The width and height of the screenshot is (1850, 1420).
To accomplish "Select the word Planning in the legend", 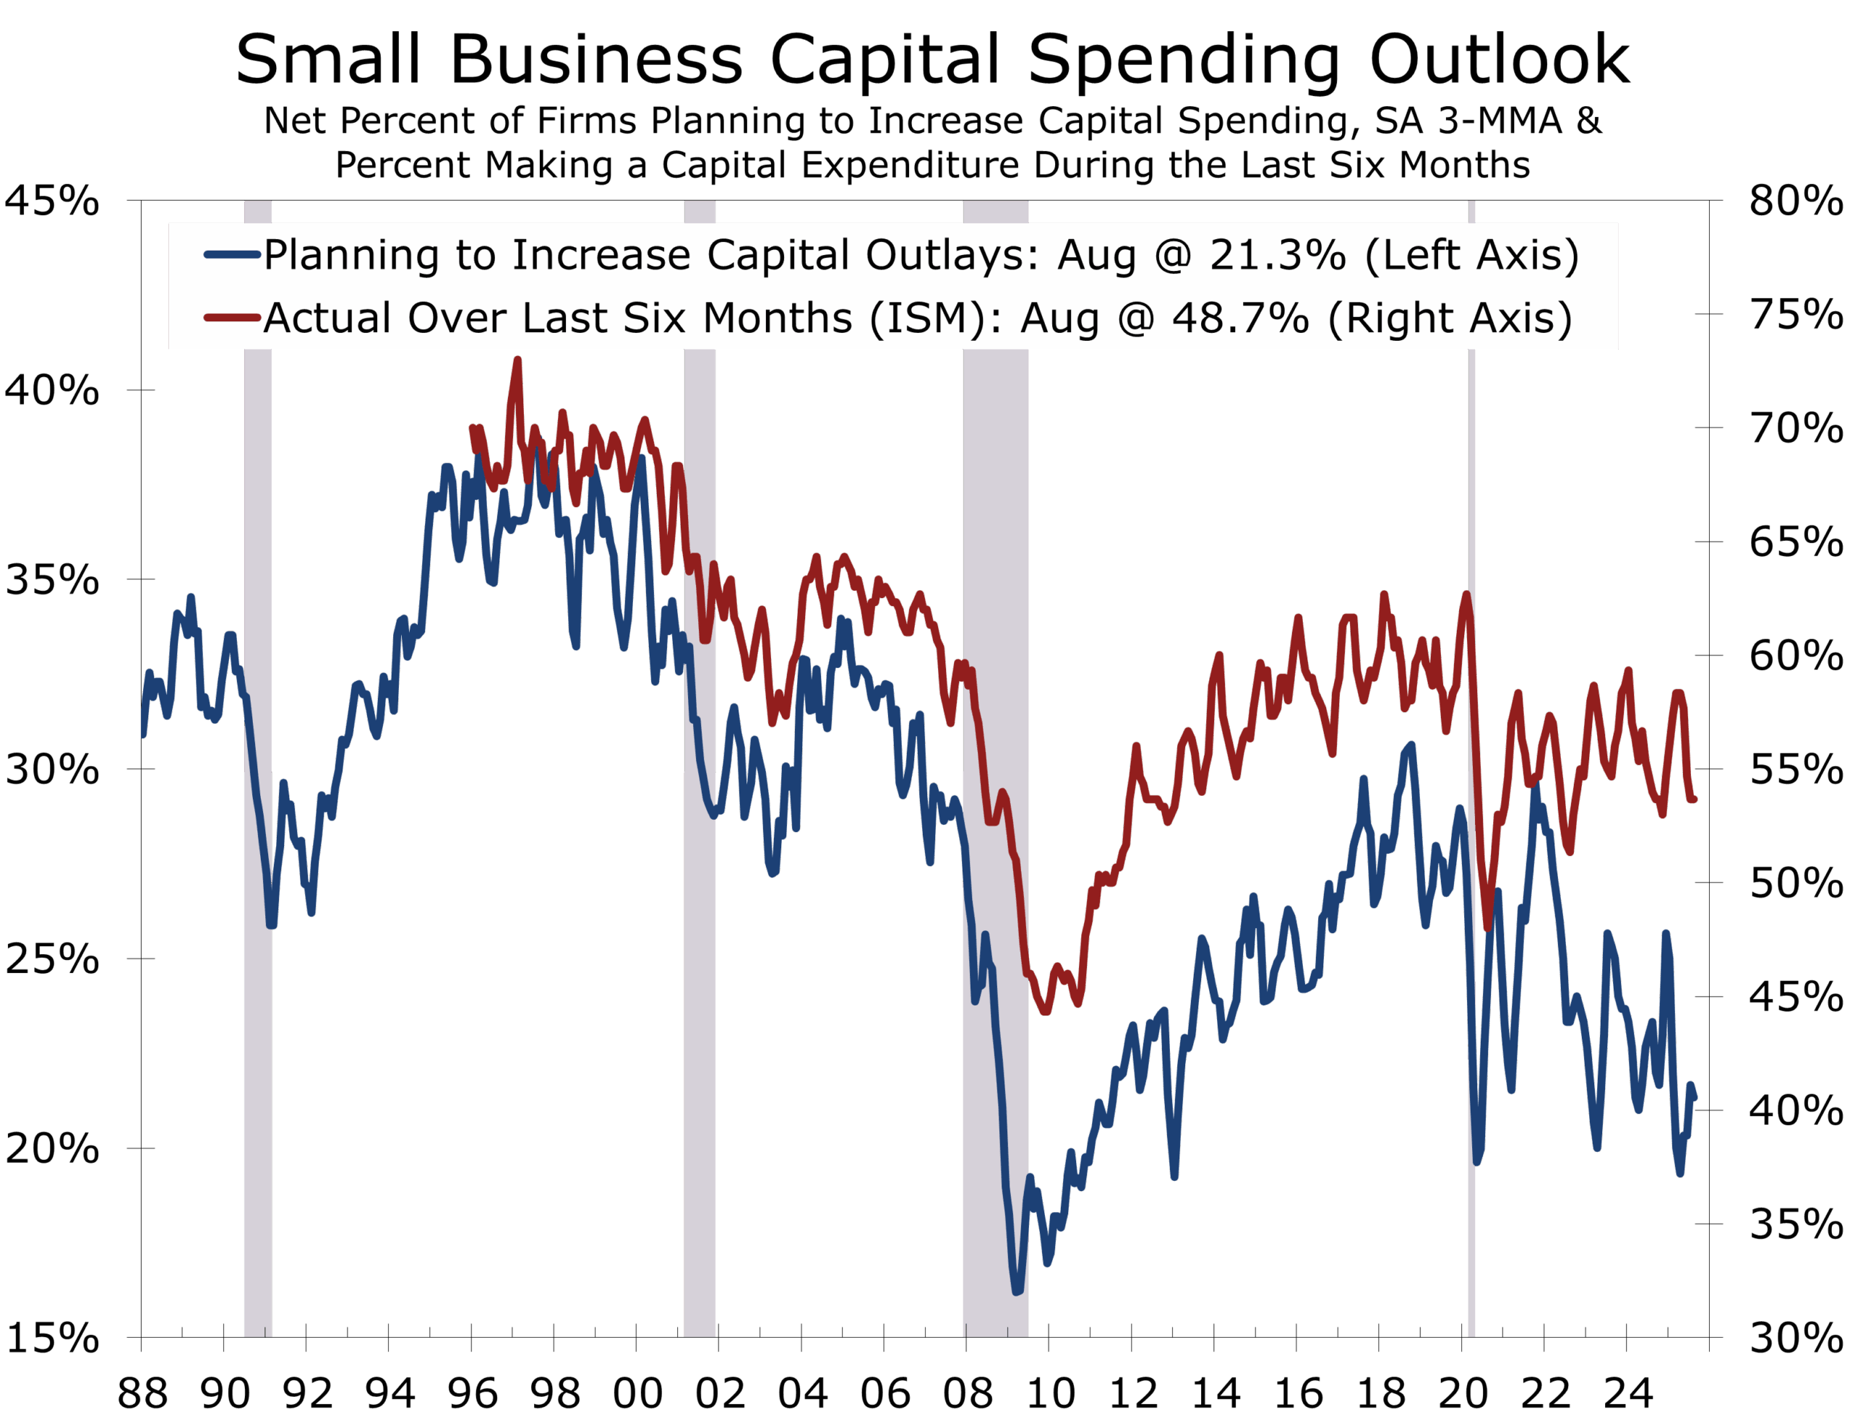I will (353, 255).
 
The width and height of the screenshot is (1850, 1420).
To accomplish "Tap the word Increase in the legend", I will (601, 255).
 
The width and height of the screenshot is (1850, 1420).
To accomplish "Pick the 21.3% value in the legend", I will (1278, 255).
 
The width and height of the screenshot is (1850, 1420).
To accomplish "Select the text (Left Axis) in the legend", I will (1472, 255).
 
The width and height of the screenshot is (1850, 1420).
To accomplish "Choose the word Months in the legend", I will (777, 319).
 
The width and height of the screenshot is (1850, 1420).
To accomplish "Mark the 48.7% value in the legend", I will (1240, 319).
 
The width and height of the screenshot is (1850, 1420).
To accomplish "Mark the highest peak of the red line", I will (517, 361).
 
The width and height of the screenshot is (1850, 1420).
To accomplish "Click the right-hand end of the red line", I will (1695, 800).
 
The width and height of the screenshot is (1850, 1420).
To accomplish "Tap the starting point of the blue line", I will (143, 735).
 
